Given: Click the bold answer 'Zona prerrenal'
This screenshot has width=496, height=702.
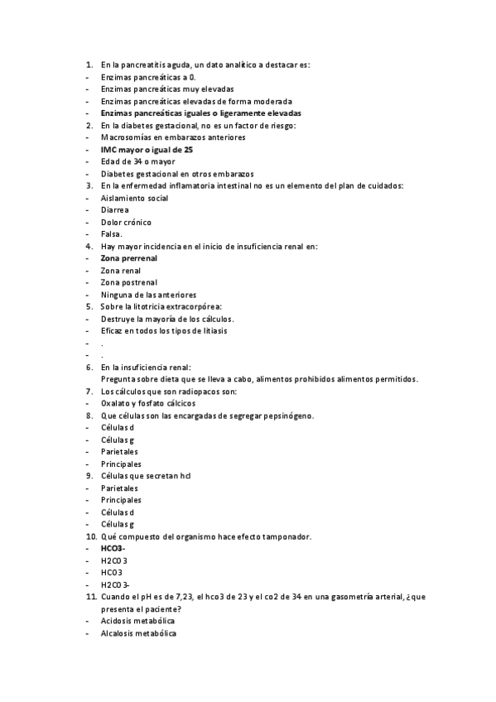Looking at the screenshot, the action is [x=128, y=258].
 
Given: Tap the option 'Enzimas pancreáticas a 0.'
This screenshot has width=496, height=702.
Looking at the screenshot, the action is [x=148, y=76].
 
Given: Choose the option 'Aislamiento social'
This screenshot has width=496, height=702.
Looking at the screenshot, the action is [x=134, y=198].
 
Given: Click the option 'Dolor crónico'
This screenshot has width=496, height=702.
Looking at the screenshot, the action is [x=126, y=222].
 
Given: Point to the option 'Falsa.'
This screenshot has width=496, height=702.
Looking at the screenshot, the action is [x=111, y=234].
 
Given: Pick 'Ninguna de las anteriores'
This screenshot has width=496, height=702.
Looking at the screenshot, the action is [x=148, y=295].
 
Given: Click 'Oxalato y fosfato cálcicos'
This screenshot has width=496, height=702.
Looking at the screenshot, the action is [x=148, y=403].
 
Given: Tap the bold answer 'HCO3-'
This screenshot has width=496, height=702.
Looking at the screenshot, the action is [x=113, y=548].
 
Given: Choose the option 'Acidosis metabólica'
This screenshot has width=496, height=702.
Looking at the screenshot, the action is [x=137, y=621].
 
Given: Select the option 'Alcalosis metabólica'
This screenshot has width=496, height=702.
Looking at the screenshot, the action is [x=138, y=633].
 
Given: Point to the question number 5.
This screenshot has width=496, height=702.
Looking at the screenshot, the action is [x=89, y=306].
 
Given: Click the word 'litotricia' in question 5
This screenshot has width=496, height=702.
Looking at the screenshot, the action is [x=152, y=306].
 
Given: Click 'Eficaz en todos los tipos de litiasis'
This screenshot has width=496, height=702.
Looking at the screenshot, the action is [x=163, y=330].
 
